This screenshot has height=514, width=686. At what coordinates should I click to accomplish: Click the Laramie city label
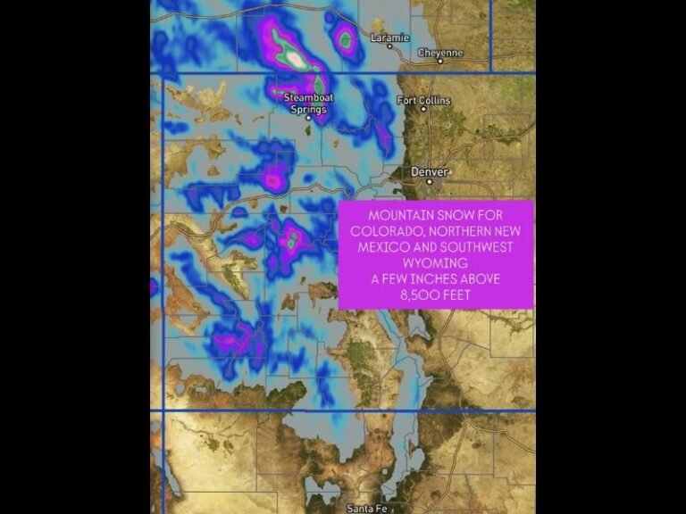(x=390, y=37)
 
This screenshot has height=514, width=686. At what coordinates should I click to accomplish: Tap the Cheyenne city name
(x=441, y=53)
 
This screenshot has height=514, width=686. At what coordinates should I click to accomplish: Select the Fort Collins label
(x=423, y=101)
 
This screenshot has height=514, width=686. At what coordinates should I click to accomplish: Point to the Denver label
(x=429, y=171)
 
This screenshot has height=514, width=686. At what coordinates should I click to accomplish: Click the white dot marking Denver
(x=429, y=181)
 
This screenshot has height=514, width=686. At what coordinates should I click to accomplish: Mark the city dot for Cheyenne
(x=417, y=61)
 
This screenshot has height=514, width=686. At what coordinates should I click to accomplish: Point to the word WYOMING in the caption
(x=436, y=264)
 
